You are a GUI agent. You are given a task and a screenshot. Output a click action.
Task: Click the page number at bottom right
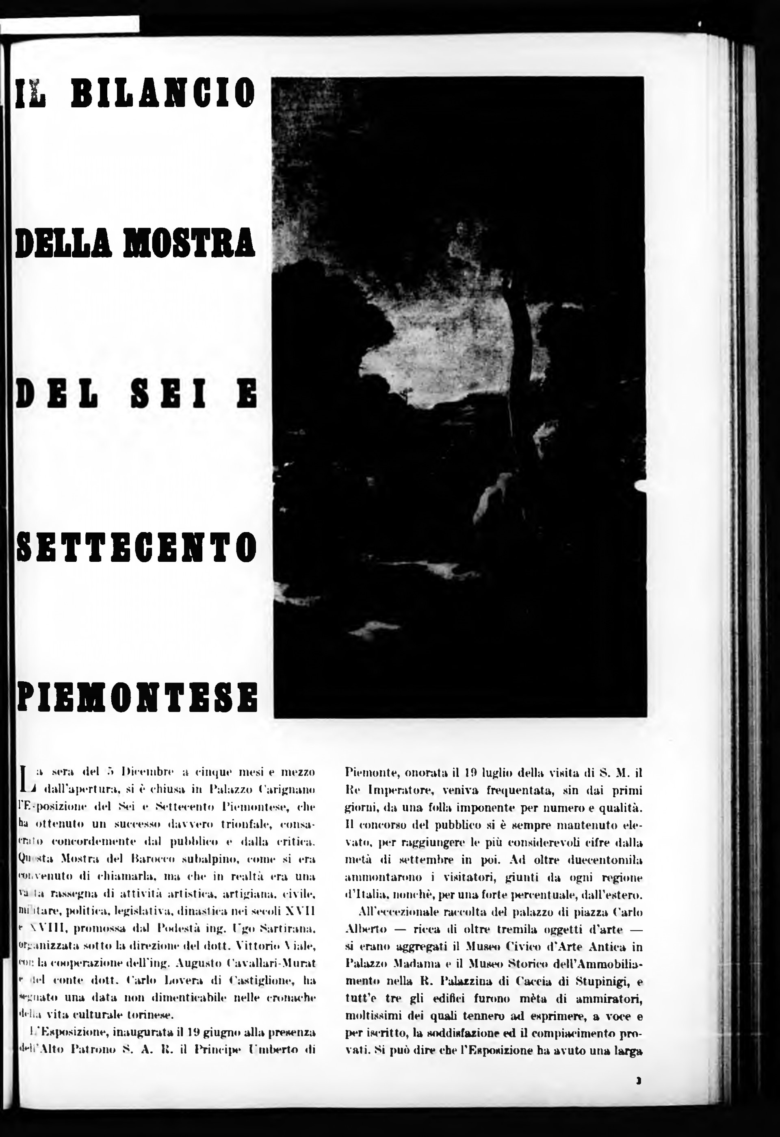(638, 1081)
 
